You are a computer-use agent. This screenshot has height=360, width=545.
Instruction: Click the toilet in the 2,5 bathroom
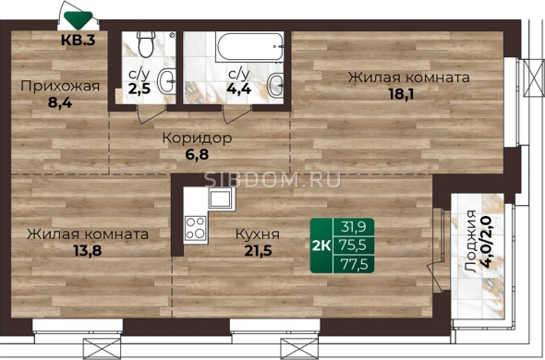point(146,43)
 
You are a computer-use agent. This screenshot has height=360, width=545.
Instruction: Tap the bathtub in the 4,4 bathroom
point(249,47)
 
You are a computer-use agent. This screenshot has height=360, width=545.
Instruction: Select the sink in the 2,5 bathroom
point(166,80)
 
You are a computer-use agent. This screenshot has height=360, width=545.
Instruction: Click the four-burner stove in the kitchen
point(195,228)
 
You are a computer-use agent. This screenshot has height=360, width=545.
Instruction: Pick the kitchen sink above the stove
point(221,198)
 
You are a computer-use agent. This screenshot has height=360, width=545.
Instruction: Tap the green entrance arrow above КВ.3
point(79,20)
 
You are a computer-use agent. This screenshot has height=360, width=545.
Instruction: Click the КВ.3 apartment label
point(79,41)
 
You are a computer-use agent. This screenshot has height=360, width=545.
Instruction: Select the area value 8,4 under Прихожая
point(60,102)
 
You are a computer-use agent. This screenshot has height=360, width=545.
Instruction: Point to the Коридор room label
point(197,138)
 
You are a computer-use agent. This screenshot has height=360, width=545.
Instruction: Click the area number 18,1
point(401,93)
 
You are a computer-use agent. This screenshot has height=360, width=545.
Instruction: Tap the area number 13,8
point(88,250)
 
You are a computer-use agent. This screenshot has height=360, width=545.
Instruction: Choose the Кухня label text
point(258,234)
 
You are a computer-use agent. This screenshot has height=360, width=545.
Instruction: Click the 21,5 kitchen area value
point(259,250)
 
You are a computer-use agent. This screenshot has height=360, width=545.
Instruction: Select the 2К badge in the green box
point(321,246)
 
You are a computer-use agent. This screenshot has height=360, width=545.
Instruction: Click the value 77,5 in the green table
point(354,264)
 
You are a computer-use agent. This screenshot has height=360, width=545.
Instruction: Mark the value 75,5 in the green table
point(354,246)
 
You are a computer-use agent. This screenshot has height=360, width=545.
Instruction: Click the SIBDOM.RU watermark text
point(272,180)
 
